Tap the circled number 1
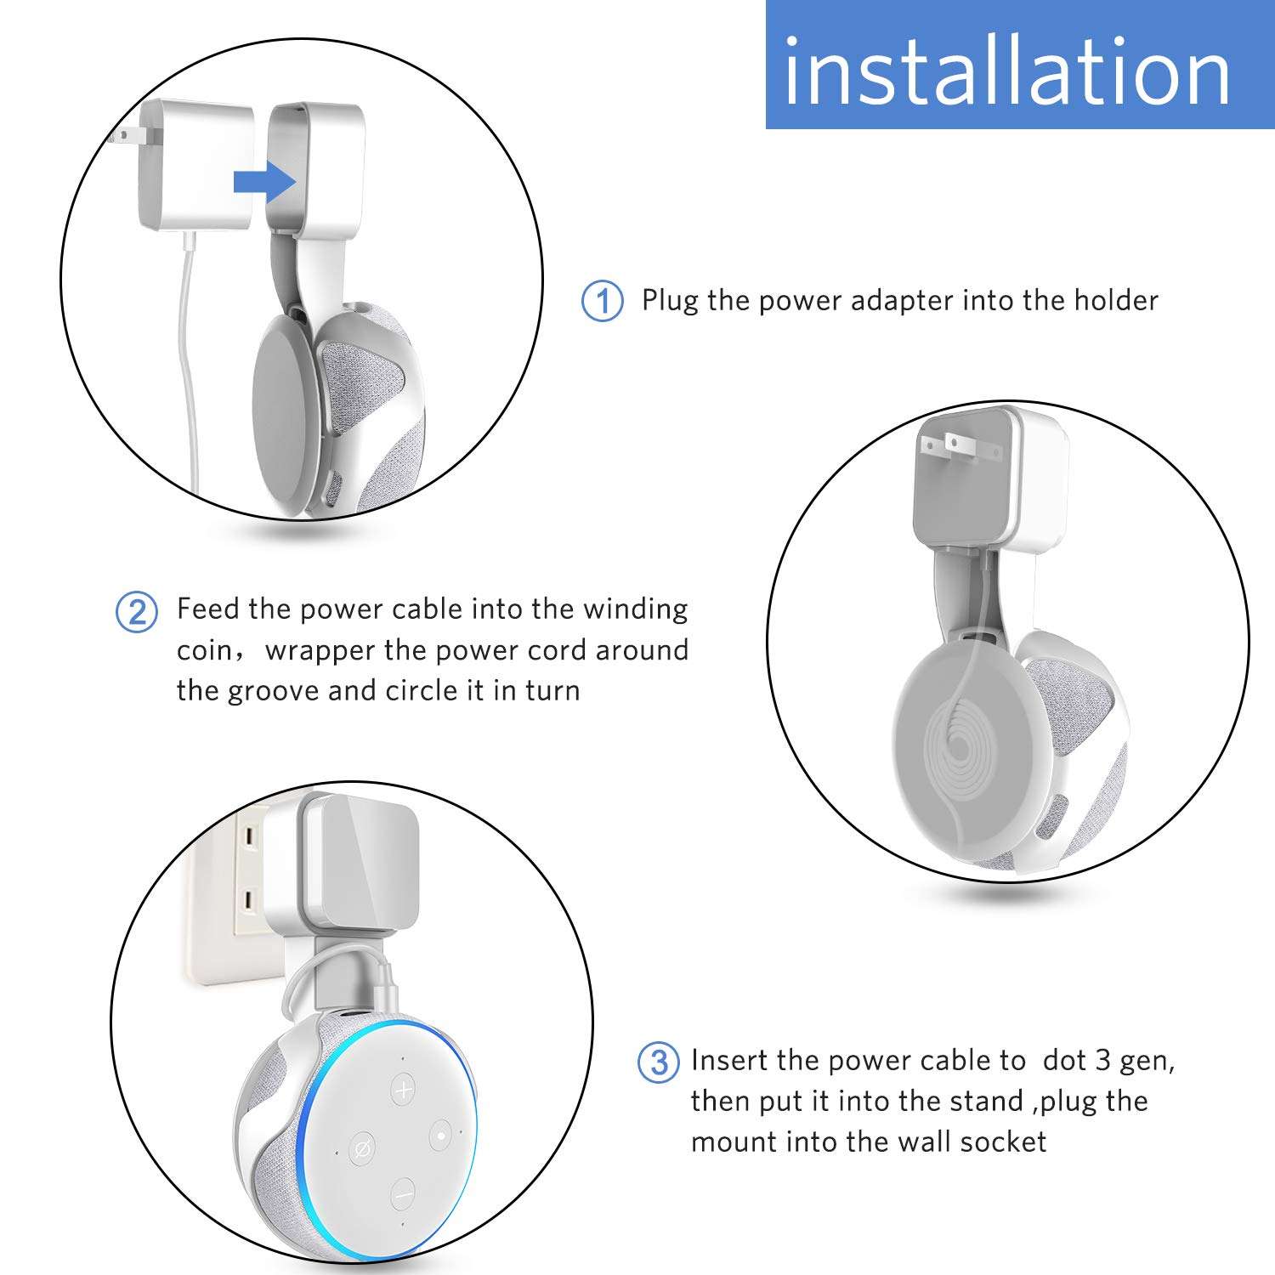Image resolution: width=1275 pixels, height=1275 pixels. [x=602, y=302]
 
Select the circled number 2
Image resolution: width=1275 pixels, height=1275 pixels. [x=137, y=611]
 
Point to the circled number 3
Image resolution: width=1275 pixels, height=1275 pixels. [x=659, y=1062]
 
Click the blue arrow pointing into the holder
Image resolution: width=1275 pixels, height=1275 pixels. [x=264, y=181]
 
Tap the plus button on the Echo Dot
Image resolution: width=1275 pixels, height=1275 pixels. [x=404, y=1089]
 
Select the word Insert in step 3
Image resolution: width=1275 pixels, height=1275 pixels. [x=729, y=1061]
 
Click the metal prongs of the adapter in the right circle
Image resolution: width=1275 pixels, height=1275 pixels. [x=949, y=445]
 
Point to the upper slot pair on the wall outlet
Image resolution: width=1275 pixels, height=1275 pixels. [x=249, y=839]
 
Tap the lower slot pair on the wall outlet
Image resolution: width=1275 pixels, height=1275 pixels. [x=249, y=898]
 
